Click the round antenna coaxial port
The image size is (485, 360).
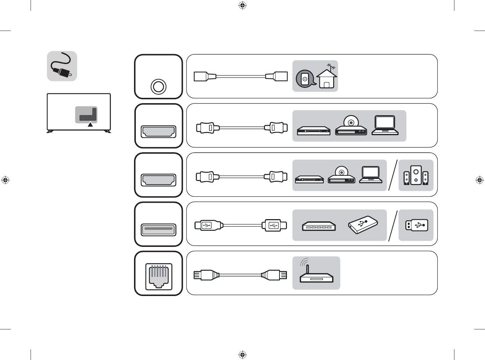click(x=158, y=86)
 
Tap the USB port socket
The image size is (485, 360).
click(x=159, y=229)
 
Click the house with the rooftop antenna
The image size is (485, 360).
click(x=327, y=77)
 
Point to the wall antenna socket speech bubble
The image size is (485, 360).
click(x=305, y=79)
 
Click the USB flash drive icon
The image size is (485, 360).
click(x=416, y=225)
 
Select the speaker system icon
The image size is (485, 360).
click(x=416, y=175)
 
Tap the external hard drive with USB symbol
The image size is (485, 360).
click(x=363, y=225)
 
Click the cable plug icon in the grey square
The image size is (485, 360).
click(x=62, y=66)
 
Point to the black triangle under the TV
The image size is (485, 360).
click(x=90, y=124)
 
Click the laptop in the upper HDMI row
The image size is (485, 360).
click(x=385, y=126)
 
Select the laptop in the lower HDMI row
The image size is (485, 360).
click(x=371, y=175)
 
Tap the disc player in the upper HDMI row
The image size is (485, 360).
click(x=351, y=126)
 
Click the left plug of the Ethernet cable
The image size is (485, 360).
click(x=206, y=275)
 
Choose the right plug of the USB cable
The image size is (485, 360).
click(x=275, y=225)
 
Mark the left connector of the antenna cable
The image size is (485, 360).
click(x=205, y=76)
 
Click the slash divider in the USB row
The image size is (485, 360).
click(x=393, y=226)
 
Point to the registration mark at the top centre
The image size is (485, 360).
click(x=242, y=5)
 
